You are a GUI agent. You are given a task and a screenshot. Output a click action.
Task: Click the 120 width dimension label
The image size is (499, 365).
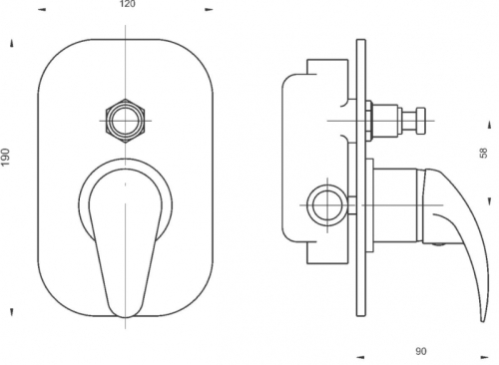click(x=127, y=4)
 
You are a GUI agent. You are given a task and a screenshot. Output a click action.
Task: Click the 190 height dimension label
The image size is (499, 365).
click(x=6, y=158)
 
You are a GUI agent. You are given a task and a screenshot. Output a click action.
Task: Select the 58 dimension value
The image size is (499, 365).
click(x=484, y=153)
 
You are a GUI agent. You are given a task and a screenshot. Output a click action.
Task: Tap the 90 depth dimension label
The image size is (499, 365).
click(x=421, y=351)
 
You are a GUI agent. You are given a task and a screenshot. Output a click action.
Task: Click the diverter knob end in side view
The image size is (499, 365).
click(x=421, y=121)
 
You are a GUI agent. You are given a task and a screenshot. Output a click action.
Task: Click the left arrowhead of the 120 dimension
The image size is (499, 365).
click(x=42, y=10)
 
